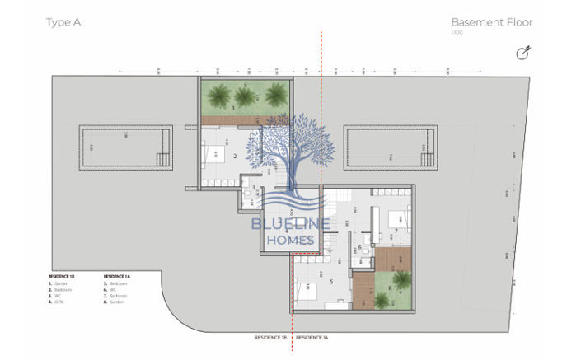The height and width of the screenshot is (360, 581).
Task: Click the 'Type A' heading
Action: [x=63, y=22]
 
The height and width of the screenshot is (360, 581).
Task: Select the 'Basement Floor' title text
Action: [x=491, y=22]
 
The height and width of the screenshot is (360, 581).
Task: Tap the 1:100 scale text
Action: [x=457, y=33]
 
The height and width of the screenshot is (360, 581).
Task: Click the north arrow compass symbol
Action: [x=522, y=54]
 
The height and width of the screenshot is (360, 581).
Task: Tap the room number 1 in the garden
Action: [x=234, y=107]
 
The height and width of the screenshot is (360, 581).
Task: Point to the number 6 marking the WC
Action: [x=360, y=247]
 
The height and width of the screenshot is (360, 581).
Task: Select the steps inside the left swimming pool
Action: [x=163, y=159]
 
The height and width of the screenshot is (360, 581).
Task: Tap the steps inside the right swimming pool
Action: [x=426, y=159]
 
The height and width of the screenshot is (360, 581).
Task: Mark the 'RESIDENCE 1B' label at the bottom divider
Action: [x=270, y=338]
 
